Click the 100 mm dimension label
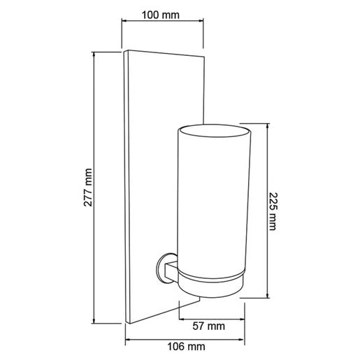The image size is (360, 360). (161, 15)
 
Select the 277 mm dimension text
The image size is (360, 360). (88, 187)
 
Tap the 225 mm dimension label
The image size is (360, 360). (273, 211)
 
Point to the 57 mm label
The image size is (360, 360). (208, 326)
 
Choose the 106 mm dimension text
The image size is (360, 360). (186, 347)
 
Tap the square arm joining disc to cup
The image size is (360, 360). (171, 271)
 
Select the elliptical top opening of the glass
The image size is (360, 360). (215, 131)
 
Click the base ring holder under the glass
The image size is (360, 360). (210, 285)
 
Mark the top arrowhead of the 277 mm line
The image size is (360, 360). (94, 54)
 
